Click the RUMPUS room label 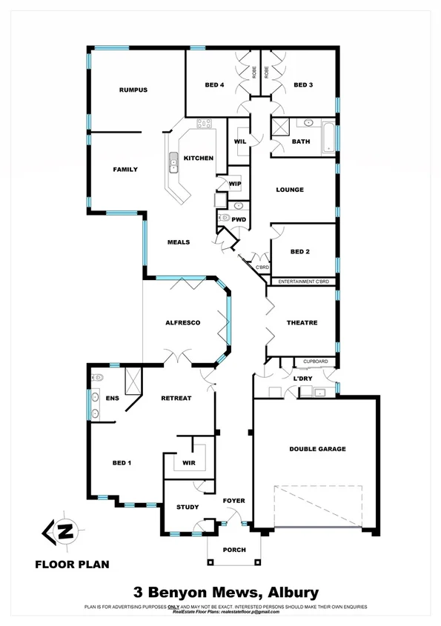point(133,90)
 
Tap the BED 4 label point(214,85)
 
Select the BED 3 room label point(303,85)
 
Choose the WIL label point(240,141)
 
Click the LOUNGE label point(290,190)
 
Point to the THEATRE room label point(302,323)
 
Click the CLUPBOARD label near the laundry point(315,362)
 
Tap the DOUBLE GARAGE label point(317,449)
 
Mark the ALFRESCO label point(183,323)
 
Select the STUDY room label point(188,507)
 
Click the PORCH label point(233,549)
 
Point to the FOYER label point(233,501)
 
